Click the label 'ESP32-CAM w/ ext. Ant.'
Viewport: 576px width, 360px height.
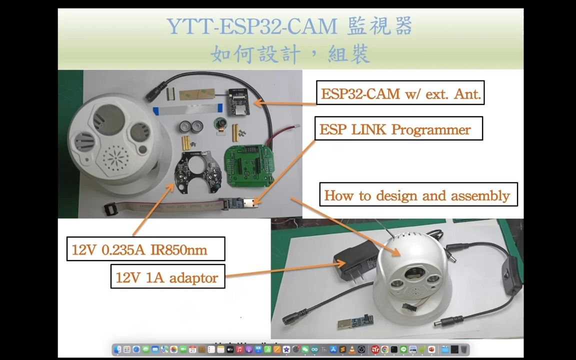tap(400, 93)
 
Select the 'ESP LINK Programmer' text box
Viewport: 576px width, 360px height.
tap(398, 128)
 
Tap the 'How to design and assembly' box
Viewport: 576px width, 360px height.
tap(418, 194)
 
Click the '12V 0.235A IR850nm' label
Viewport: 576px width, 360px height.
tap(145, 249)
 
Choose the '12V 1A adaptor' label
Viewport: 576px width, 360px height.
tap(167, 276)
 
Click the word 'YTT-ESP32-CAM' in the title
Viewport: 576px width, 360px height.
tap(251, 26)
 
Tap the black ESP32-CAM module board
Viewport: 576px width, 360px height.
tap(238, 101)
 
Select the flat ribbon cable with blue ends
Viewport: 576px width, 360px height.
tap(187, 108)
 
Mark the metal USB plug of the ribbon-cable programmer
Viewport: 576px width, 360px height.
tap(250, 203)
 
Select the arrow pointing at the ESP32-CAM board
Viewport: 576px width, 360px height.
tap(285, 103)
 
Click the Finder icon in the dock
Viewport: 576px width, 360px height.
tap(117, 349)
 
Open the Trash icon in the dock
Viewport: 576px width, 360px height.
tap(464, 349)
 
